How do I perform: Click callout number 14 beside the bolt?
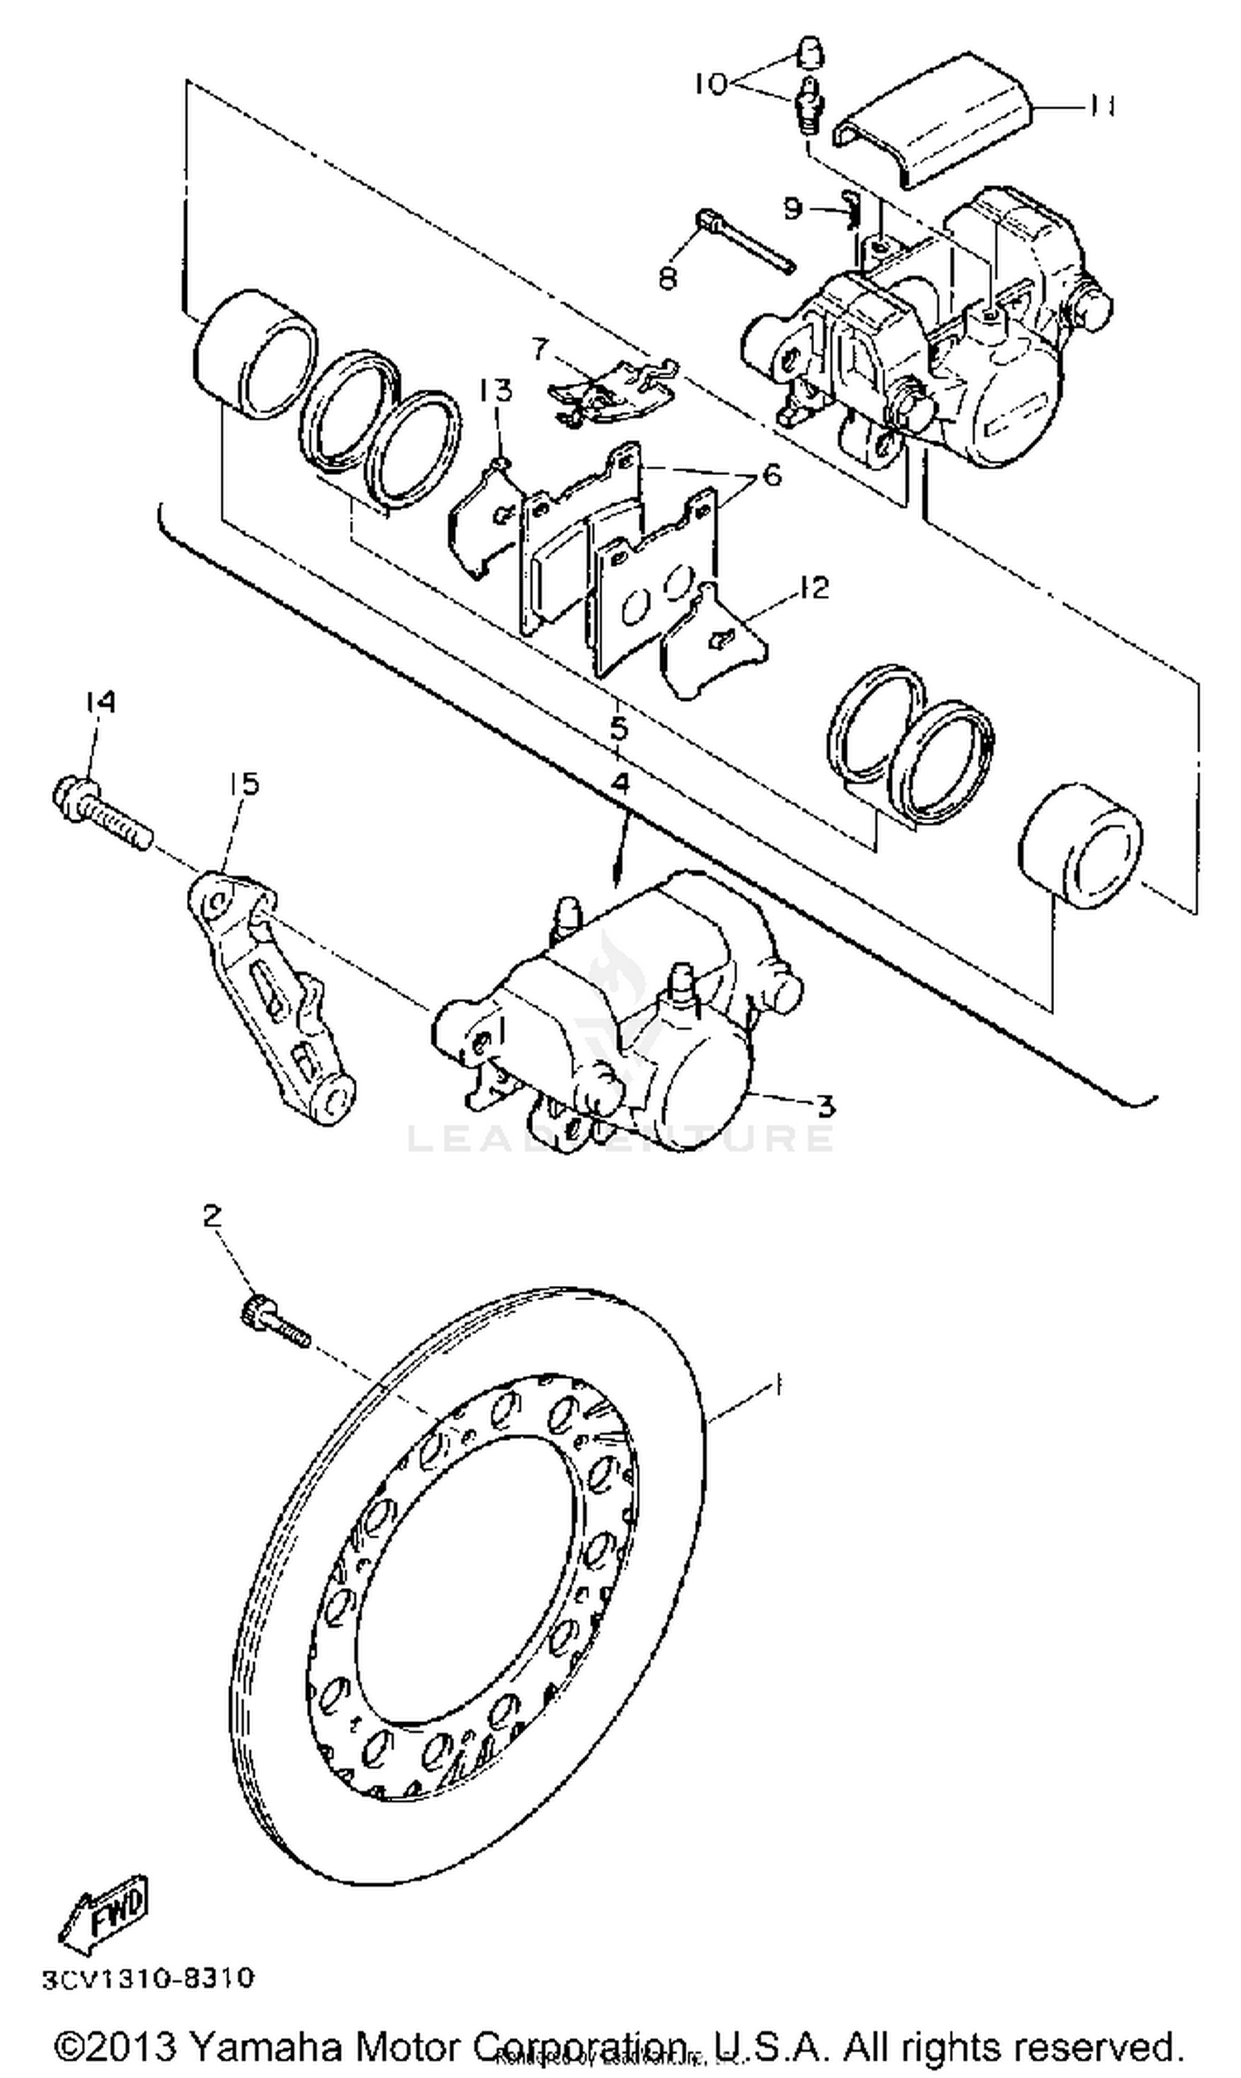pos(98,703)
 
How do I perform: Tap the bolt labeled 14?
pos(100,808)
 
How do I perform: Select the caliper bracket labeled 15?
pos(267,995)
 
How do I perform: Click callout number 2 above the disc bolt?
pos(213,1214)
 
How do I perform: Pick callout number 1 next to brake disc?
pos(778,1386)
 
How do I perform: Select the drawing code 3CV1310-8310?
pos(148,1979)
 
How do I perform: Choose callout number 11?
pos(1102,107)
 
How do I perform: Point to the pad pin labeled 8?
pos(745,242)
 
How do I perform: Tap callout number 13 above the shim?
pos(495,390)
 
